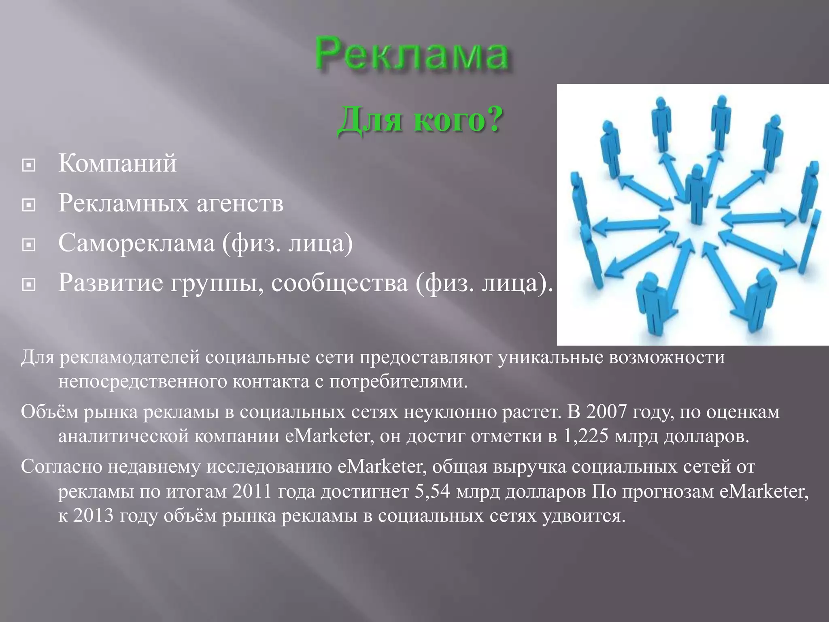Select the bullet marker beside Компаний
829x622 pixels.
click(28, 165)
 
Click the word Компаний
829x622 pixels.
click(117, 163)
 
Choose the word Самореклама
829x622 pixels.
click(136, 243)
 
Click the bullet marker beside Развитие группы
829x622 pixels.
click(28, 285)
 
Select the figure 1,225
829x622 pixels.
click(586, 436)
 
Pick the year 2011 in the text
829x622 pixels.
click(252, 492)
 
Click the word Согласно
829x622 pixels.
click(61, 467)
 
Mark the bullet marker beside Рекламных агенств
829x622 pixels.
click(28, 205)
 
